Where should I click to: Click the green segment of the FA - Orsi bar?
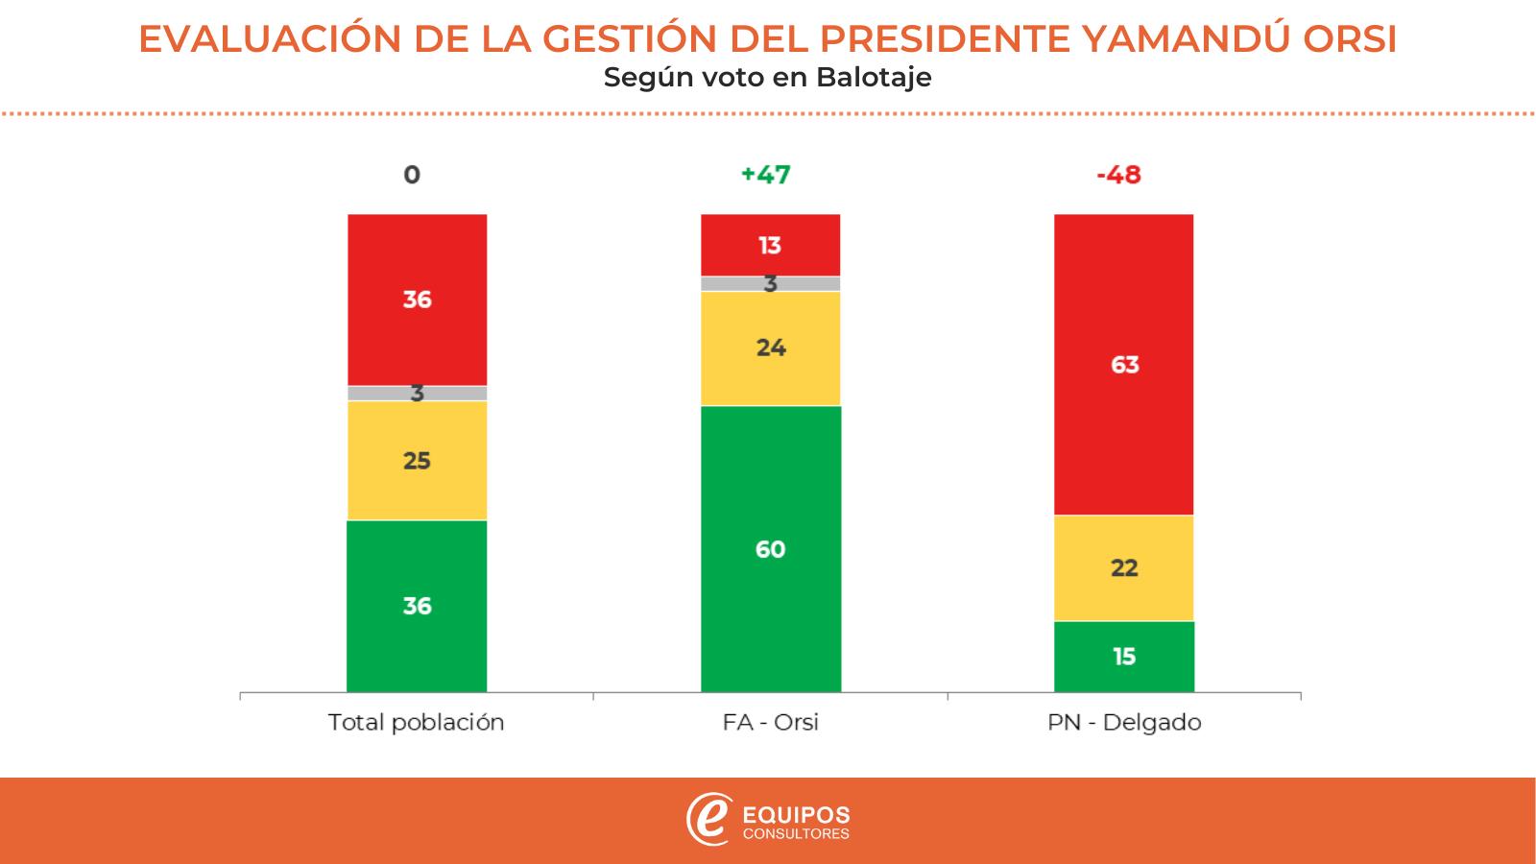pos(770,548)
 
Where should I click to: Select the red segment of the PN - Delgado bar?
pos(1123,365)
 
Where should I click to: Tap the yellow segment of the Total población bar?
pos(417,461)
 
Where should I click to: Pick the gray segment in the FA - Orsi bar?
pos(739,284)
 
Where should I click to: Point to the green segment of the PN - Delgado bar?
pos(1123,657)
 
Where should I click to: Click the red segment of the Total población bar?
pos(417,300)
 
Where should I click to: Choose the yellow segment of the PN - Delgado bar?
pos(1123,568)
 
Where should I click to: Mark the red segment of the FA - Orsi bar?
pos(770,246)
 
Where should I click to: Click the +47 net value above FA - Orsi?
pos(766,175)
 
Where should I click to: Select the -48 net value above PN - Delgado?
pos(1118,175)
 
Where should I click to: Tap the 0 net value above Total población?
pos(412,175)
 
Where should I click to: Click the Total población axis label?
pos(416,723)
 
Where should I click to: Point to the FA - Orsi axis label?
pos(770,723)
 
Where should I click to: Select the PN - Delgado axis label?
pos(1124,723)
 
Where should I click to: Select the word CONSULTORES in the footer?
pos(797,834)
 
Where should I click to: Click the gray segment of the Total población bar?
pos(384,394)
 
